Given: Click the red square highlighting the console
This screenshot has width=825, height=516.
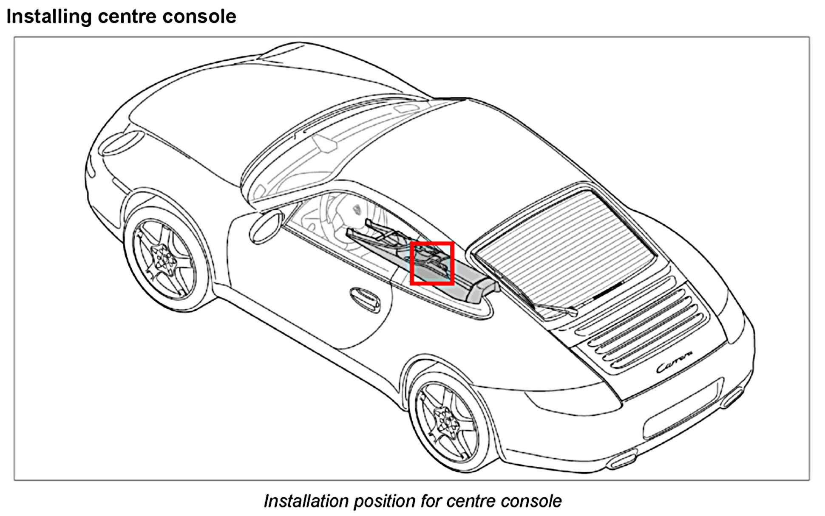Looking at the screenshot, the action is point(432,263).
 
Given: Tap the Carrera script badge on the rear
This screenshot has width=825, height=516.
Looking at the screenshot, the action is point(675,366).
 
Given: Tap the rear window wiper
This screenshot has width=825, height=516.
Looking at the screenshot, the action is point(553,307).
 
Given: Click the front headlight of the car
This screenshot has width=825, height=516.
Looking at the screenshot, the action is point(120,142).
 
